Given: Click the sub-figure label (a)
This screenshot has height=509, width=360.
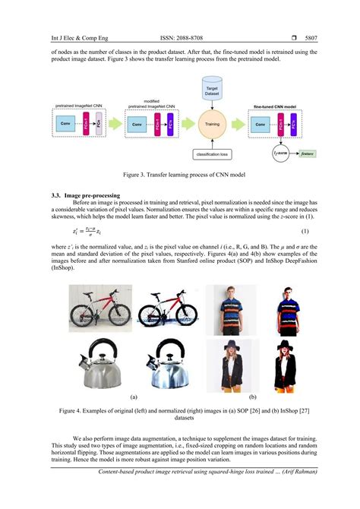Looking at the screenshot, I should [133, 397].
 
